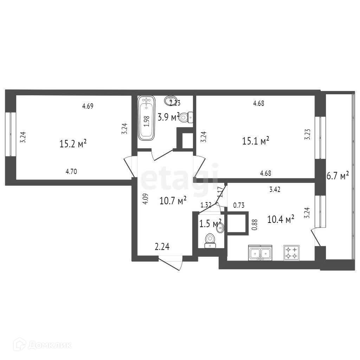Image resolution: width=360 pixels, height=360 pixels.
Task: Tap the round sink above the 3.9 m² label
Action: [x=171, y=101]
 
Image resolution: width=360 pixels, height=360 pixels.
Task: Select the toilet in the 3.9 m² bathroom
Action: [x=185, y=117]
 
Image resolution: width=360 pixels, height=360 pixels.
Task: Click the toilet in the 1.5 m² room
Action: [x=210, y=240]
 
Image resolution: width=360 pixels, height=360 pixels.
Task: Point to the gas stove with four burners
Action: [x=291, y=252]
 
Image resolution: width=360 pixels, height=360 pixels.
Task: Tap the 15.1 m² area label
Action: [x=256, y=141]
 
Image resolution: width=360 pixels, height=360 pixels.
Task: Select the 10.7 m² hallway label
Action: [x=173, y=201]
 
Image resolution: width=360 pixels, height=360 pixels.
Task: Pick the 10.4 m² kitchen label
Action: [x=281, y=220]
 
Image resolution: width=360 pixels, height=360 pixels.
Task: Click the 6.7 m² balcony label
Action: [x=337, y=176]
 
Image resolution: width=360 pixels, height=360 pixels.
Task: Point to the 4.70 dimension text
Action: [x=71, y=172]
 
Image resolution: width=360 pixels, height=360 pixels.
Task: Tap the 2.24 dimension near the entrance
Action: [x=163, y=247]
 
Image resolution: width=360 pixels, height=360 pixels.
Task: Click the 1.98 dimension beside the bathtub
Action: [x=147, y=121]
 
